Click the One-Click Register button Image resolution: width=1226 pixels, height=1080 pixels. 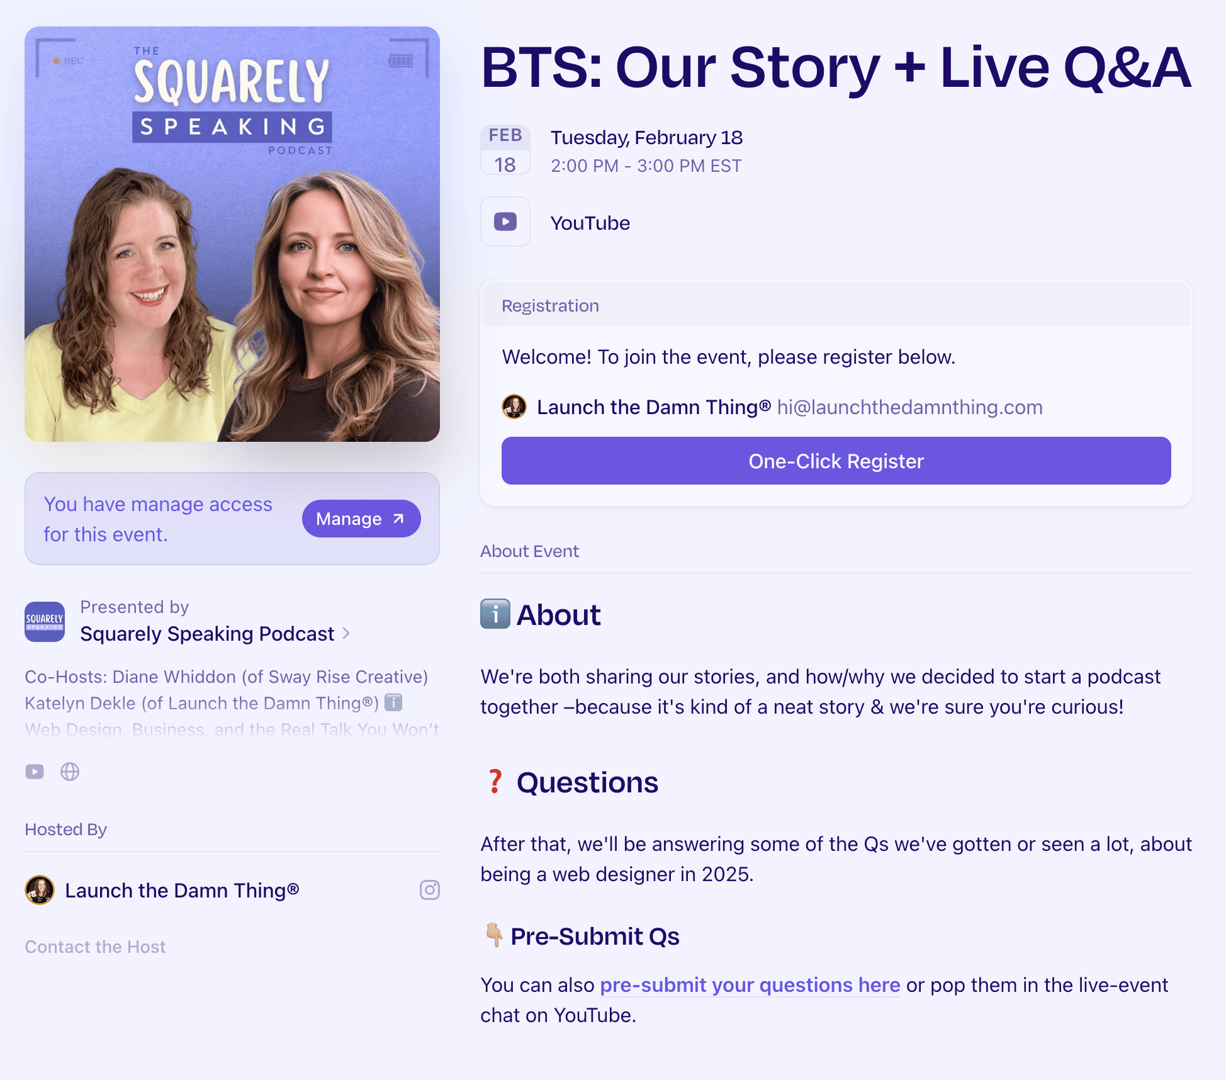click(836, 461)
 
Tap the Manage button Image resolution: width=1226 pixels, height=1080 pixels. click(361, 519)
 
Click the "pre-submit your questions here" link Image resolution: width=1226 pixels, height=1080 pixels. click(750, 985)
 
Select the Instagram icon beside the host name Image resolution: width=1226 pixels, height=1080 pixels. click(430, 890)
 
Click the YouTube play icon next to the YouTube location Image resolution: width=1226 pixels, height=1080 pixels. click(505, 222)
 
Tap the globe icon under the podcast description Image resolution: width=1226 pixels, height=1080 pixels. click(70, 772)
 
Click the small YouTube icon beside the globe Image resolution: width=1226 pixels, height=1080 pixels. click(35, 772)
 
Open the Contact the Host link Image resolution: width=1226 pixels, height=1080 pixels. click(95, 947)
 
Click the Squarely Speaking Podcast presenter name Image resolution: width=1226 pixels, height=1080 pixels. click(207, 634)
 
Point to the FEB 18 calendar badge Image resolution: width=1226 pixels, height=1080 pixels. click(505, 150)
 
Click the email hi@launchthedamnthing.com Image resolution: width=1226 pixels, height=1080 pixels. click(909, 407)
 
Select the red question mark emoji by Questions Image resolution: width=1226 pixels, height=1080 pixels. click(495, 782)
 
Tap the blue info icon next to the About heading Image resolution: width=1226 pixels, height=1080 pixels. click(495, 614)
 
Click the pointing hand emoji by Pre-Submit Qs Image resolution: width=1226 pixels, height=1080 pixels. click(494, 935)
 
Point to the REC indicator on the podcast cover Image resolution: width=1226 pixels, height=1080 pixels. click(69, 61)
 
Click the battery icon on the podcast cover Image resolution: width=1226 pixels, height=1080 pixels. click(401, 60)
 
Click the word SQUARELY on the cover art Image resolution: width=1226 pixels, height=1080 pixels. click(232, 81)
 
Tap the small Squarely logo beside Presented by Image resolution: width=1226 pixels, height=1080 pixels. click(45, 622)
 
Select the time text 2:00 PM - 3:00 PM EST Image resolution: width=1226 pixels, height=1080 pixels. click(646, 166)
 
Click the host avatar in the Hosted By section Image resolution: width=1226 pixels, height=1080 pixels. click(40, 890)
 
